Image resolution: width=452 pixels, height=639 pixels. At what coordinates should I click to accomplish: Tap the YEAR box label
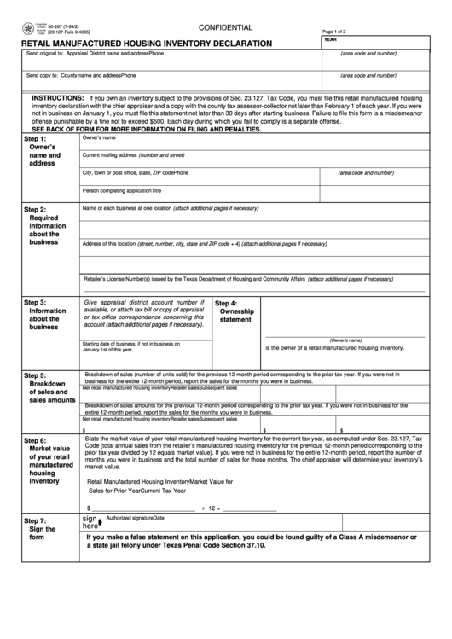331,40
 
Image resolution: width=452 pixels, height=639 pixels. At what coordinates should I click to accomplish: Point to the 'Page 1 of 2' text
340,31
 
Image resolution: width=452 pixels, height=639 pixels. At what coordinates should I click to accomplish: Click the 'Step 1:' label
36,139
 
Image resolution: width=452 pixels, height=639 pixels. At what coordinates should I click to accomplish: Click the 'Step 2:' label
36,209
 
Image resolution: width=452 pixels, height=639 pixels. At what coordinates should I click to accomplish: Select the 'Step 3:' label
36,303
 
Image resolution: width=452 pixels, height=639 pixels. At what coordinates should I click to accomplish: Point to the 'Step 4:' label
228,303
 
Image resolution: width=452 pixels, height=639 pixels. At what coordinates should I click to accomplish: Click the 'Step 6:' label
36,440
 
